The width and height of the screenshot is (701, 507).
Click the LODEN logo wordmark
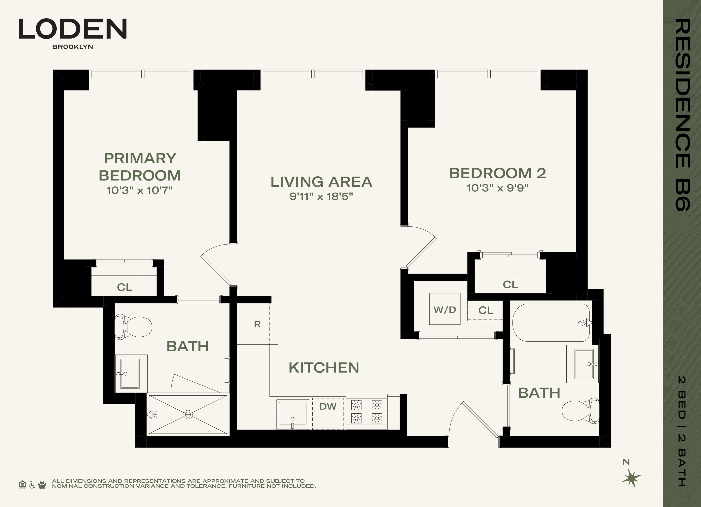coord(73,29)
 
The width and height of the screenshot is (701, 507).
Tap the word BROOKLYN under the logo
coord(73,47)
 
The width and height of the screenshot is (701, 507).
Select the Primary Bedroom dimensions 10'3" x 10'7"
coord(139,190)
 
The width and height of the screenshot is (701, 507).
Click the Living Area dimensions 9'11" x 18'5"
coord(321,196)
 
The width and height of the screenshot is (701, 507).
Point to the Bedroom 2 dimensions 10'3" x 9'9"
coord(497,188)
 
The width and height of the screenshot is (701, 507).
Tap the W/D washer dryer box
coord(445,309)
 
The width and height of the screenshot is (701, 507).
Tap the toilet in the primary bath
coord(133,326)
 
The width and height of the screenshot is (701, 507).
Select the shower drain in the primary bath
coord(188,415)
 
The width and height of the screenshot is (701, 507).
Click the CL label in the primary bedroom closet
coord(124,287)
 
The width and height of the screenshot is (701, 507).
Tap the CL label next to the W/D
coord(486,310)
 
